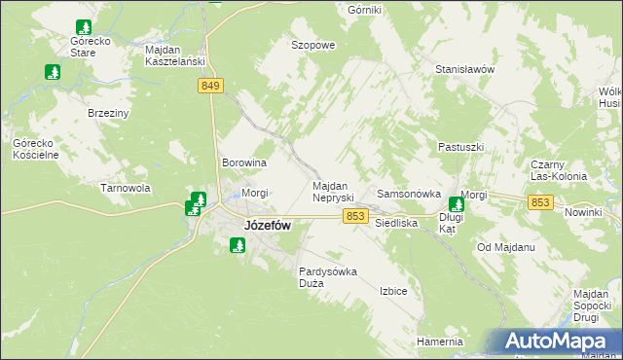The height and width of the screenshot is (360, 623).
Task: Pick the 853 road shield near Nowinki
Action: [x=542, y=201]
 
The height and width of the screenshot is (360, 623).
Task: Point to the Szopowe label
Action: [x=313, y=45]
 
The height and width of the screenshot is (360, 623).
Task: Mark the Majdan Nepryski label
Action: [x=338, y=191]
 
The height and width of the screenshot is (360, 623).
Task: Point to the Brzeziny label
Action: [x=109, y=113]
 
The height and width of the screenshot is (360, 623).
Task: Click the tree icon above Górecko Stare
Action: [x=83, y=26]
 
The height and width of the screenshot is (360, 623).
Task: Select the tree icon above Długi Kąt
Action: [x=457, y=203]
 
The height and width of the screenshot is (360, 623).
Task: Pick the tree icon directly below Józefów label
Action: [x=237, y=245]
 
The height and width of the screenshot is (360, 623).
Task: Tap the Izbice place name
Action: [x=393, y=290]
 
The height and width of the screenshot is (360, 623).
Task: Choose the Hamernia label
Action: [x=439, y=342]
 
